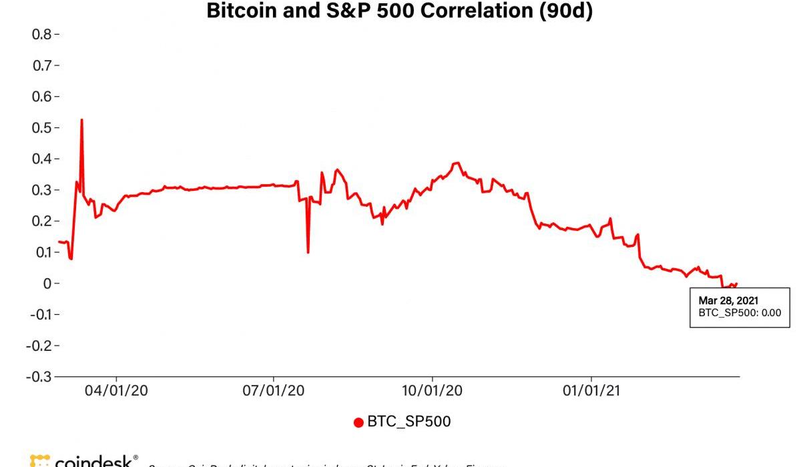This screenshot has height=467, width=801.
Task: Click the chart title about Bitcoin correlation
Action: [399, 11]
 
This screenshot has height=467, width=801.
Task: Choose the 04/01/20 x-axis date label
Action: [117, 391]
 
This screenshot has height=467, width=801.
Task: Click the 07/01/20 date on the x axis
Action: [274, 391]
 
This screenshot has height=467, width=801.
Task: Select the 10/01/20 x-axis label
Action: [432, 391]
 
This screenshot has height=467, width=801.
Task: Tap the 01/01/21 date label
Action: [591, 391]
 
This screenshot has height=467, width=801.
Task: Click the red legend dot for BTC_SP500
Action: [358, 422]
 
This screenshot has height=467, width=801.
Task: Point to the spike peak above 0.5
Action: [81, 120]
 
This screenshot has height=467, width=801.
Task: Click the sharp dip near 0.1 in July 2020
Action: [308, 252]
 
